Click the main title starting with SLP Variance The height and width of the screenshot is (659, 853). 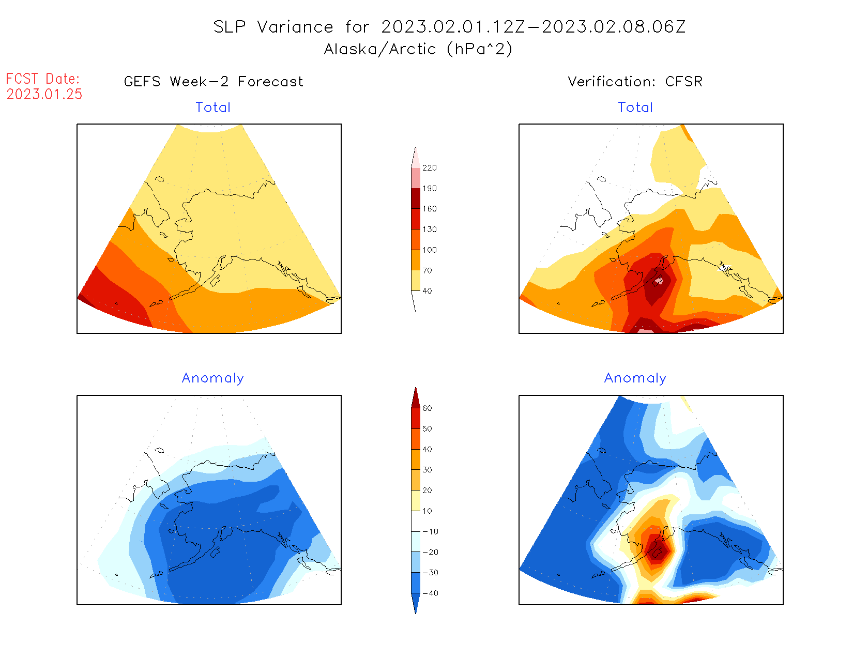pos(449,27)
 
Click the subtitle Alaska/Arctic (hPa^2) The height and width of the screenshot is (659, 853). pos(418,49)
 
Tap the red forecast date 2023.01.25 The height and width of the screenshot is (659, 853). pos(44,94)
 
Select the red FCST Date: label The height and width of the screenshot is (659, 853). pos(43,79)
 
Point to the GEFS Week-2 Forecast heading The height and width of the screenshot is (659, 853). pos(214,82)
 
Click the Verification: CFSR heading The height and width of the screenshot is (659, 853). pos(635,82)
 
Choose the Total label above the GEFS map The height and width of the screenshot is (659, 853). pos(213,108)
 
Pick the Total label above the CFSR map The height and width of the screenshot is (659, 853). pos(635,108)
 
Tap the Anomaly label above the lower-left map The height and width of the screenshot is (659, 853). pos(213,378)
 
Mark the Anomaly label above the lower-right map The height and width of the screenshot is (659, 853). pos(635,378)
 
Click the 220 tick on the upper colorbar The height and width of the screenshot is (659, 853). pos(429,168)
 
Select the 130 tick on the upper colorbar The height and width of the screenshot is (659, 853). pos(429,229)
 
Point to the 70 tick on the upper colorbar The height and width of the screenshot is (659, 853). pos(427,270)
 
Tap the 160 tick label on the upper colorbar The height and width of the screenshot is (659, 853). pos(429,209)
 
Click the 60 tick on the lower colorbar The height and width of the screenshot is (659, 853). pos(427,408)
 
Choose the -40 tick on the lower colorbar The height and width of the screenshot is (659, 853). pos(430,593)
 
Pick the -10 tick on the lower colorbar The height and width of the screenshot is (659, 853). pos(430,531)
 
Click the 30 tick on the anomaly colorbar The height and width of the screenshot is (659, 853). pos(427,470)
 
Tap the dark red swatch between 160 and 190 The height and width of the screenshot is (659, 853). pos(416,198)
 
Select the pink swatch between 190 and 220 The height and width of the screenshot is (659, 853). pos(416,178)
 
